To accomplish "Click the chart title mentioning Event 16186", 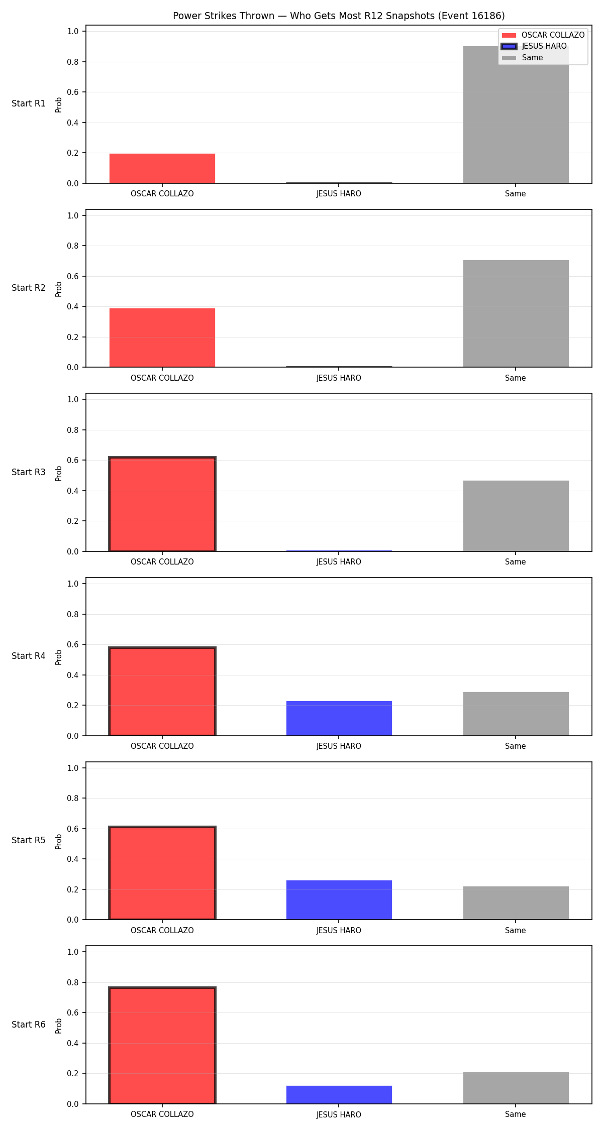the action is tap(339, 16).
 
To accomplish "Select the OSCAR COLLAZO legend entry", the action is tap(543, 35).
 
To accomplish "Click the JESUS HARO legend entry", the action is tap(534, 46).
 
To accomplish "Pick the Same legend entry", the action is tap(523, 58).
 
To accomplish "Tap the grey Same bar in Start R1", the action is tap(516, 115).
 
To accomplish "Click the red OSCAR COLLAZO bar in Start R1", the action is tap(162, 168).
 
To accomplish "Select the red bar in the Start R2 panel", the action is tap(162, 337).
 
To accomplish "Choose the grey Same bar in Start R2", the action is tap(516, 313).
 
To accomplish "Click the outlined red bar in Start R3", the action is tap(162, 504).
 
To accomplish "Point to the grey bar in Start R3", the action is tap(516, 516).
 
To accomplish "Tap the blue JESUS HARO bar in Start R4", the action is tap(339, 718).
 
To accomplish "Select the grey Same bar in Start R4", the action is tap(516, 714).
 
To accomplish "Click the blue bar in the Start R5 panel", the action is tap(339, 900).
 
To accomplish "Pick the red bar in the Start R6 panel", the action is tap(162, 1045).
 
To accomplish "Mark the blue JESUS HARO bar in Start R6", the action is tap(339, 1095).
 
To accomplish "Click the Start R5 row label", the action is tap(29, 840).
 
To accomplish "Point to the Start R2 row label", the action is tap(29, 288).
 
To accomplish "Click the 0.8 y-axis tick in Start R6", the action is tap(73, 982).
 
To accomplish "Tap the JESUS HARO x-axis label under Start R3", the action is tap(339, 562).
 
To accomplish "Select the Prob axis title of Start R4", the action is tap(59, 657).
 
